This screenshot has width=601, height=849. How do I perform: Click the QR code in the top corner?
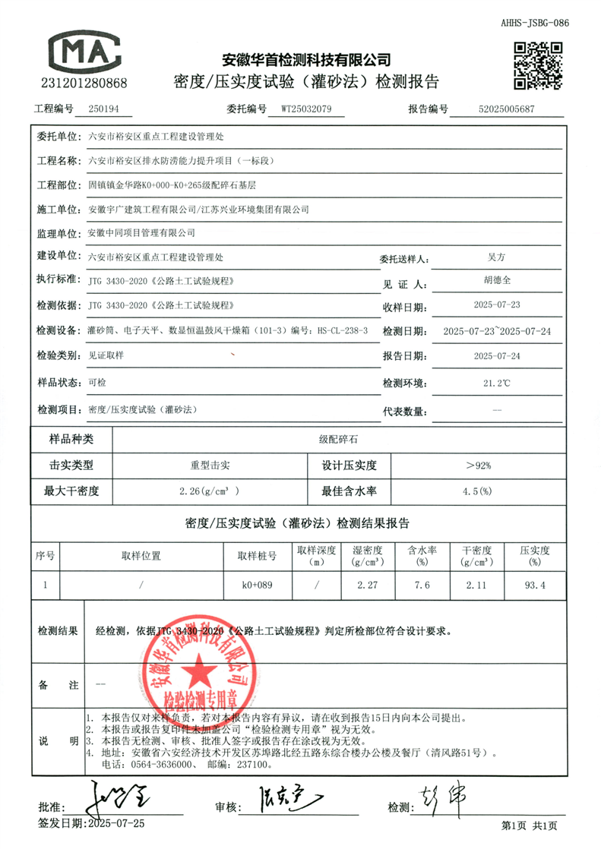tap(539, 65)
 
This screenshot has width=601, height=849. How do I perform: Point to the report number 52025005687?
tap(507, 109)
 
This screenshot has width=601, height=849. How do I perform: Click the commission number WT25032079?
tap(306, 109)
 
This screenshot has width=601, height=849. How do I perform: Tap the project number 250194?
tap(104, 109)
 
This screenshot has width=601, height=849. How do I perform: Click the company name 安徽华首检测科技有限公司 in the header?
tap(305, 59)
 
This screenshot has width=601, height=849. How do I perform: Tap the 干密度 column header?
tap(477, 550)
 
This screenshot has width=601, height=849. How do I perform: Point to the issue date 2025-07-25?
tap(117, 822)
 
